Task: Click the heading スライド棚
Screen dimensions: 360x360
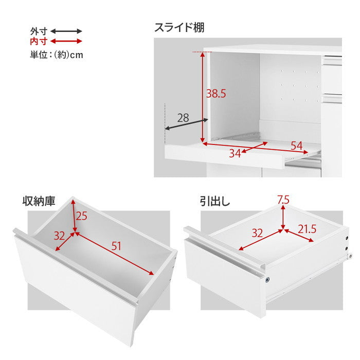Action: pos(179,27)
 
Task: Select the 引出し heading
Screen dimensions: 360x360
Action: pos(215,200)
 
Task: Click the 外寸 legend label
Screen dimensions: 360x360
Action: pos(39,31)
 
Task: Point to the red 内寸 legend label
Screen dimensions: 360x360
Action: pos(39,41)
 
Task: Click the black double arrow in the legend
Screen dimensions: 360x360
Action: pos(66,31)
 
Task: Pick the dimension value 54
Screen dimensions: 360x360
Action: pos(296,146)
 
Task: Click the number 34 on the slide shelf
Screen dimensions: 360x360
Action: pos(235,153)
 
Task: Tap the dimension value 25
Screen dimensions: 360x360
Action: pos(82,217)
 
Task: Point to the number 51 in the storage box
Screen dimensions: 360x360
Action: pos(117,246)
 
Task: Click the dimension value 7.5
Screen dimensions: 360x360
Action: pos(283,200)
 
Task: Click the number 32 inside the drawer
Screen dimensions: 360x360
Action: pos(258,232)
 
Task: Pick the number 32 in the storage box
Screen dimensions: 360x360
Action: pos(60,236)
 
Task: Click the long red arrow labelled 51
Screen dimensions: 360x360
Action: pos(116,254)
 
